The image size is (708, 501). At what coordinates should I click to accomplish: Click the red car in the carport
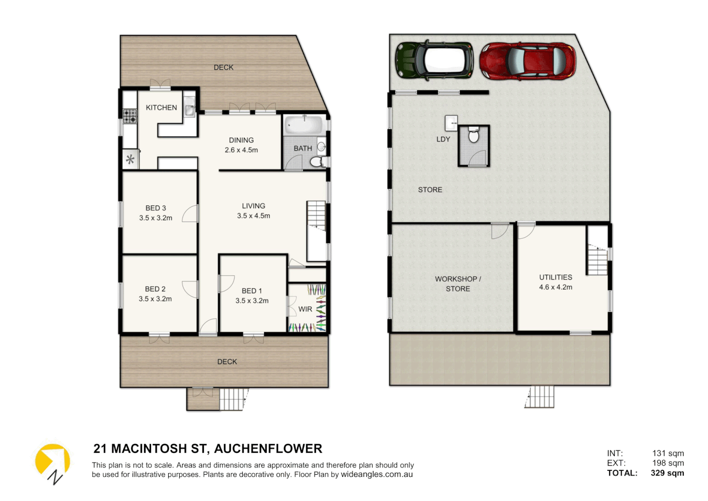[x=527, y=61]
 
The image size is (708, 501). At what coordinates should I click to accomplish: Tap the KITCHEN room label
[x=161, y=108]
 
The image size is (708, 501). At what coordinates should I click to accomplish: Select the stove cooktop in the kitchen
[x=130, y=116]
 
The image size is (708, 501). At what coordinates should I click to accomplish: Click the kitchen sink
[x=190, y=110]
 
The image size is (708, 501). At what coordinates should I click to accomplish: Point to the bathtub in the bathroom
[x=304, y=125]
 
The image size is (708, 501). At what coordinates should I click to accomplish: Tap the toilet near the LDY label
[x=474, y=136]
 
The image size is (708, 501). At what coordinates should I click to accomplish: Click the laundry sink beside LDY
[x=451, y=123]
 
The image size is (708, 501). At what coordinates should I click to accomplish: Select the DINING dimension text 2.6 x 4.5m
[x=241, y=150]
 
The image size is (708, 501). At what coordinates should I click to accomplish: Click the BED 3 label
[x=156, y=208]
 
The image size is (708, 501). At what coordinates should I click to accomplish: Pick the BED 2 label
[x=155, y=289]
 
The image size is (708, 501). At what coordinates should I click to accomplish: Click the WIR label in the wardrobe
[x=305, y=309]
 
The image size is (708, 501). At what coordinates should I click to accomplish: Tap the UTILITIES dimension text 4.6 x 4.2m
[x=556, y=288]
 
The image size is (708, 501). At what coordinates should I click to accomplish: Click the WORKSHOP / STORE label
[x=458, y=283]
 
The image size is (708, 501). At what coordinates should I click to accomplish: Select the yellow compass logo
[x=52, y=462]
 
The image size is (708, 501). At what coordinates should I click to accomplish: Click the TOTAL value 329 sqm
[x=667, y=473]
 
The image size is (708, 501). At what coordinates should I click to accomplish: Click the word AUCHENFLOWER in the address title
[x=268, y=449]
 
